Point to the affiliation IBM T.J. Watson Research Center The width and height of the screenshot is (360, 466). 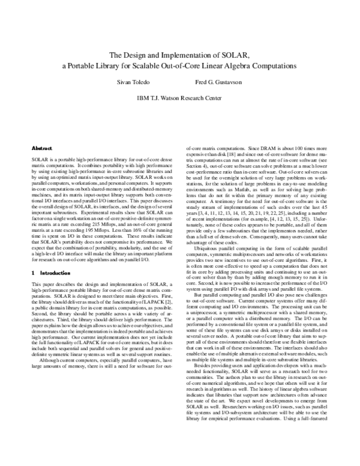(x=180, y=97)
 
